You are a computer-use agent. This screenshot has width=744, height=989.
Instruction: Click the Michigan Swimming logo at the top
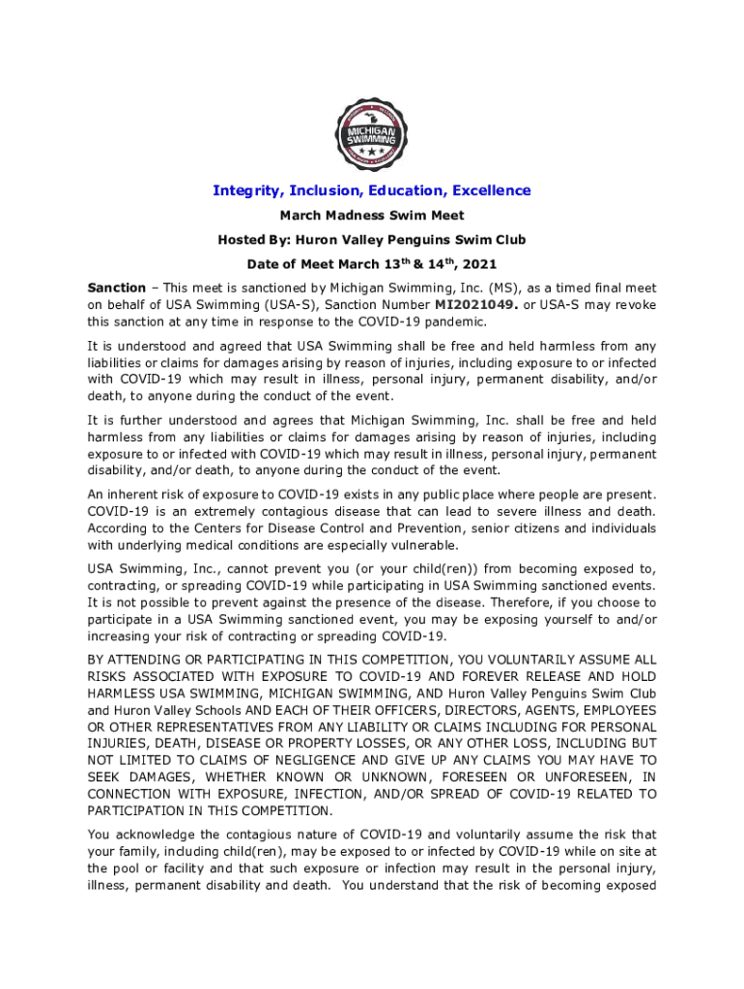(x=372, y=135)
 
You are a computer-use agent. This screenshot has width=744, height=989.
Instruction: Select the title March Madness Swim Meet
(x=372, y=215)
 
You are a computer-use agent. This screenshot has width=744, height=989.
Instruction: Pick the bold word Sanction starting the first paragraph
(x=116, y=288)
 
